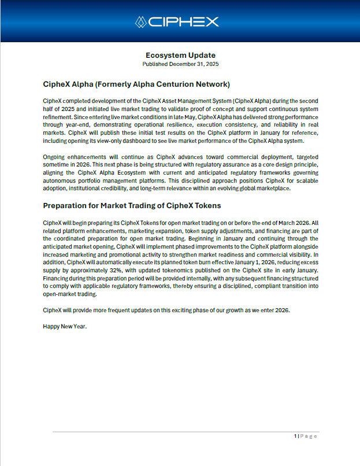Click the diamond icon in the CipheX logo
pos(141,22)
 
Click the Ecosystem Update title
pos(180,55)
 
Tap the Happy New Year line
pos(65,326)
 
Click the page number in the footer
pos(295,436)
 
